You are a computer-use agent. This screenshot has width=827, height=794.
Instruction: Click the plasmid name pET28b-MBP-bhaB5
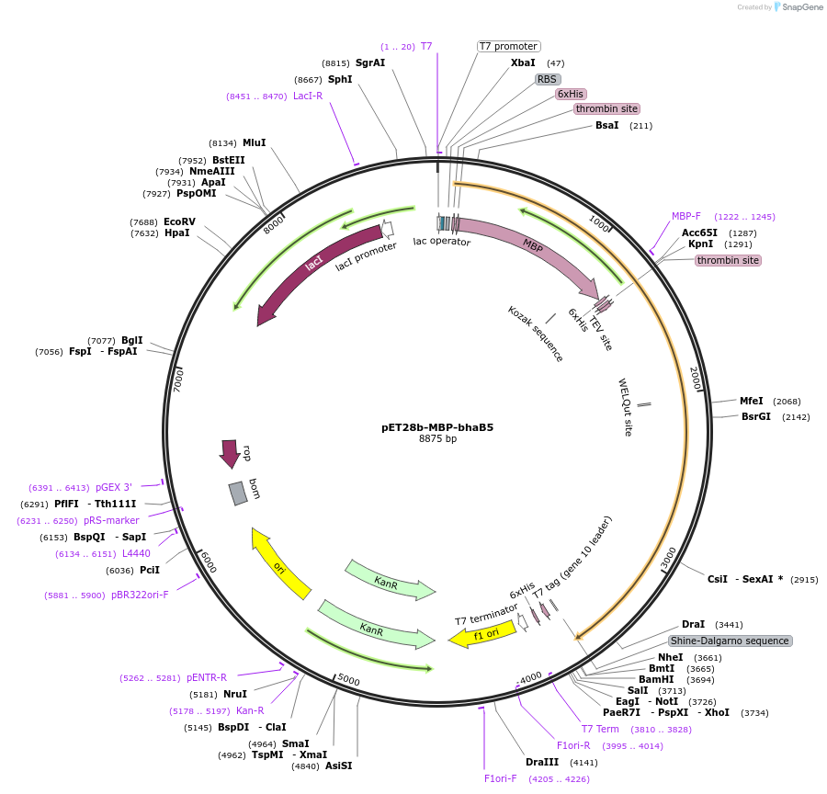pos(437,427)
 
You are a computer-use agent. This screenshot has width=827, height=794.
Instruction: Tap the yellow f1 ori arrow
pos(482,634)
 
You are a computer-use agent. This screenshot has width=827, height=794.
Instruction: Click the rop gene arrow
pos(229,452)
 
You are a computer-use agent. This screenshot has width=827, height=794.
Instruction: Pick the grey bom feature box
pos(238,493)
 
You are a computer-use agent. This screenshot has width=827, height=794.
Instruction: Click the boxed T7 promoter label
pos(508,46)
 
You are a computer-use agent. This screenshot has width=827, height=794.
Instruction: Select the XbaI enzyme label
pos(523,62)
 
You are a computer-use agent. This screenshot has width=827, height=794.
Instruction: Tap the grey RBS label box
pos(548,79)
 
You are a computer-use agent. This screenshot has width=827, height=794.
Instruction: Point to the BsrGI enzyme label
pos(756,416)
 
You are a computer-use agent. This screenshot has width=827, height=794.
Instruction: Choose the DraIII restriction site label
pos(541,762)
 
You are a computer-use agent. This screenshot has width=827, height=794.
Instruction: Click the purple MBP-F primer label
pos(685,216)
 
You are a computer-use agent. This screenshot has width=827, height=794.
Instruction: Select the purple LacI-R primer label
pos(308,96)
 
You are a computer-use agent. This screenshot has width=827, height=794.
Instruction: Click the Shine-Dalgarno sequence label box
pos(730,641)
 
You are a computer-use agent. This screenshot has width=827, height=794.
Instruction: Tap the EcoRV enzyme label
pos(179,221)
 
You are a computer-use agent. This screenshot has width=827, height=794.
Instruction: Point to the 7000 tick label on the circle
pos(180,379)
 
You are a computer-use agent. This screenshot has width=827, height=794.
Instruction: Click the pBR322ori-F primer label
pos(140,595)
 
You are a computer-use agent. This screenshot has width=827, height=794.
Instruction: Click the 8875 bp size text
pos(437,439)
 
